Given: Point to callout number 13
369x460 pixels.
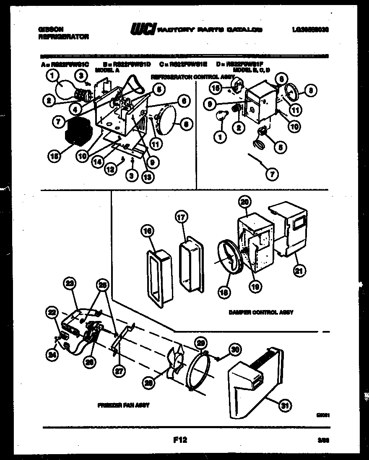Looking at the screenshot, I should [x=147, y=176].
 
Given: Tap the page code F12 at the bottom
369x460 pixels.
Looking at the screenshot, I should [x=179, y=440].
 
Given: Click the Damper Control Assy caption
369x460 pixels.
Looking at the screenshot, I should [x=261, y=313].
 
